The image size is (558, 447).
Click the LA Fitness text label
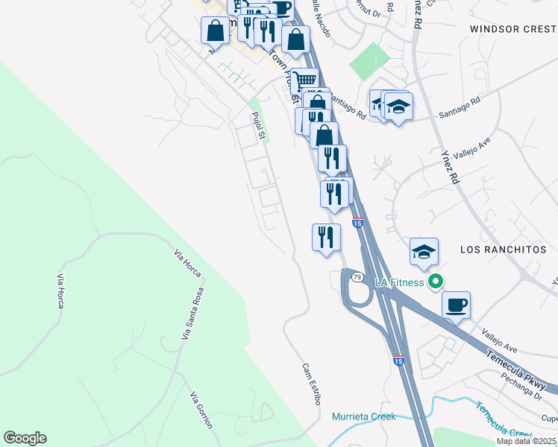click(399, 282)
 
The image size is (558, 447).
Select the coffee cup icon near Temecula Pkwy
click(456, 304)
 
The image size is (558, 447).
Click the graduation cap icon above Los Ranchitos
click(424, 252)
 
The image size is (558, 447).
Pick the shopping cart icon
click(304, 80)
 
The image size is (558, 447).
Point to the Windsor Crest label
click(513, 28)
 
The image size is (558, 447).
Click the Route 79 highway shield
click(358, 277)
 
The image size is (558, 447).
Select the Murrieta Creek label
click(363, 416)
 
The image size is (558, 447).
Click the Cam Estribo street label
click(312, 384)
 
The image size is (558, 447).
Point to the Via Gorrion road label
click(201, 410)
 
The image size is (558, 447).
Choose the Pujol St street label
click(258, 125)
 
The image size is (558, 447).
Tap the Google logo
click(25, 438)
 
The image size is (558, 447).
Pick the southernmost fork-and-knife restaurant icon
click(326, 238)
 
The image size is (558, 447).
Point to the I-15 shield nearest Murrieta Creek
click(399, 361)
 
